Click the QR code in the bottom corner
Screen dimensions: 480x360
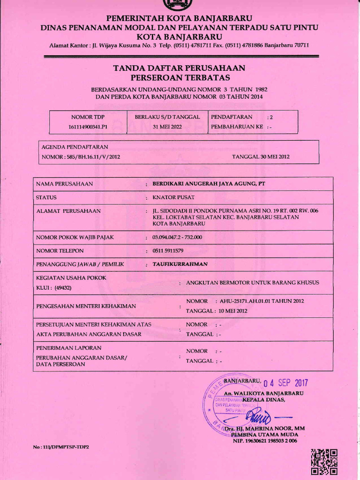coord(324,462)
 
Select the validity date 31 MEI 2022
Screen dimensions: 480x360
coord(167,127)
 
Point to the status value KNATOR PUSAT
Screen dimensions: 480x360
coord(173,197)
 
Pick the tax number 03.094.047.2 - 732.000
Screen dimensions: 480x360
coord(177,237)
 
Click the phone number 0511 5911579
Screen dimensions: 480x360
coord(168,251)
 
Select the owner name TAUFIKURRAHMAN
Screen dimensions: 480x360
coord(180,264)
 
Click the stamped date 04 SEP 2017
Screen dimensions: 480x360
coord(285,383)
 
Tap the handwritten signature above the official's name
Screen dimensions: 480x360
coord(259,415)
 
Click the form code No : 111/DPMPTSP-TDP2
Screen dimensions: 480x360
coord(61,447)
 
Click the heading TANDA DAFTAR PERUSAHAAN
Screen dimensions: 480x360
coord(180,68)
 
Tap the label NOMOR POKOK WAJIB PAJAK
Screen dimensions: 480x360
coord(75,237)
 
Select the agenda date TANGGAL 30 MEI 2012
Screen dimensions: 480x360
coord(261,157)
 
